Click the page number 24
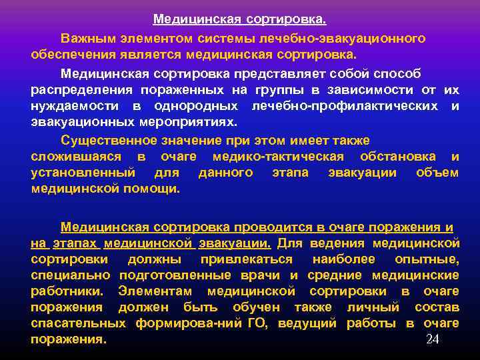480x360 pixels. click(x=433, y=340)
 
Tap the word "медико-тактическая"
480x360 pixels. click(x=278, y=156)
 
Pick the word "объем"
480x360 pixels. click(x=437, y=173)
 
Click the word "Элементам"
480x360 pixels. click(x=155, y=291)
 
